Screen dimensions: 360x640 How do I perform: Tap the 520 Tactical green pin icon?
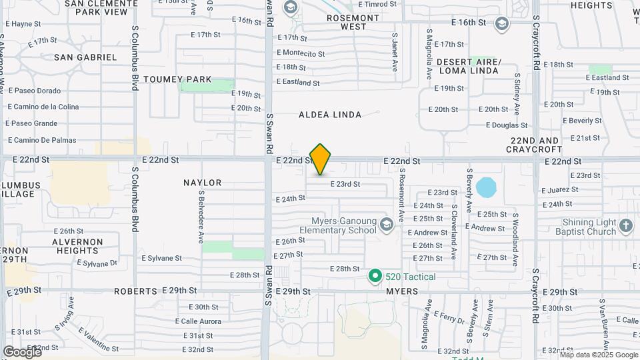pyautogui.click(x=375, y=275)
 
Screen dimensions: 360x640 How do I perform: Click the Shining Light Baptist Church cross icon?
pyautogui.click(x=625, y=225)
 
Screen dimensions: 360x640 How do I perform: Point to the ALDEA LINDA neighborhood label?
pyautogui.click(x=330, y=115)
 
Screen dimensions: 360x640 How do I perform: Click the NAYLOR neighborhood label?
pyautogui.click(x=202, y=183)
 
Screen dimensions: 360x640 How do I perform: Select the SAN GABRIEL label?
pyautogui.click(x=85, y=57)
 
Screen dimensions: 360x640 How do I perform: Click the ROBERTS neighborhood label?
pyautogui.click(x=135, y=291)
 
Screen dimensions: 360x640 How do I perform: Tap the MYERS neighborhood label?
pyautogui.click(x=402, y=291)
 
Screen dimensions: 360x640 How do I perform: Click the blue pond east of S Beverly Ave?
pyautogui.click(x=486, y=187)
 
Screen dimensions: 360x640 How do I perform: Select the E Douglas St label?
pyautogui.click(x=507, y=125)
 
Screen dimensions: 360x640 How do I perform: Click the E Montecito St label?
pyautogui.click(x=301, y=53)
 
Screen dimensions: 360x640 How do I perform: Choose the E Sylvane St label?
pyautogui.click(x=162, y=258)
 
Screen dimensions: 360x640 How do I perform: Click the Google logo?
pyautogui.click(x=22, y=351)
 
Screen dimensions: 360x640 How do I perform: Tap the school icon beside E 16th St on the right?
pyautogui.click(x=501, y=24)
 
